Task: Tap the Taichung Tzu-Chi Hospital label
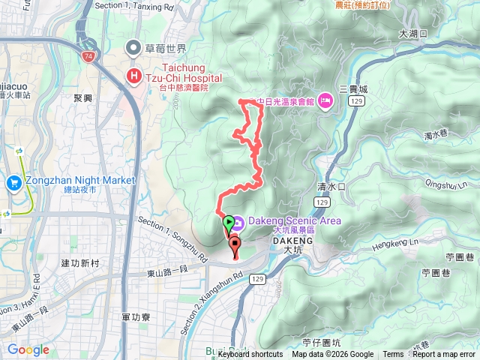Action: [x=184, y=77]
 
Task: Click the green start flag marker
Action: [x=227, y=222]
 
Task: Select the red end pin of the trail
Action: [x=234, y=243]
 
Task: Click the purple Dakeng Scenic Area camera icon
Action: [x=237, y=221]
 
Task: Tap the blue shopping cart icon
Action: [x=13, y=182]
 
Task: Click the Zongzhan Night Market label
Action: [x=79, y=181]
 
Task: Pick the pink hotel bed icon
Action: [x=325, y=100]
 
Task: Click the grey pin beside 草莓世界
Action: [x=134, y=49]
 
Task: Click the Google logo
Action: [x=28, y=349]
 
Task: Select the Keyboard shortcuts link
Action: [x=250, y=355]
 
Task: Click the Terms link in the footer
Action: [x=393, y=355]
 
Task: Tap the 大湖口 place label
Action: [x=412, y=34]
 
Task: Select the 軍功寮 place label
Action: [x=135, y=317]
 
